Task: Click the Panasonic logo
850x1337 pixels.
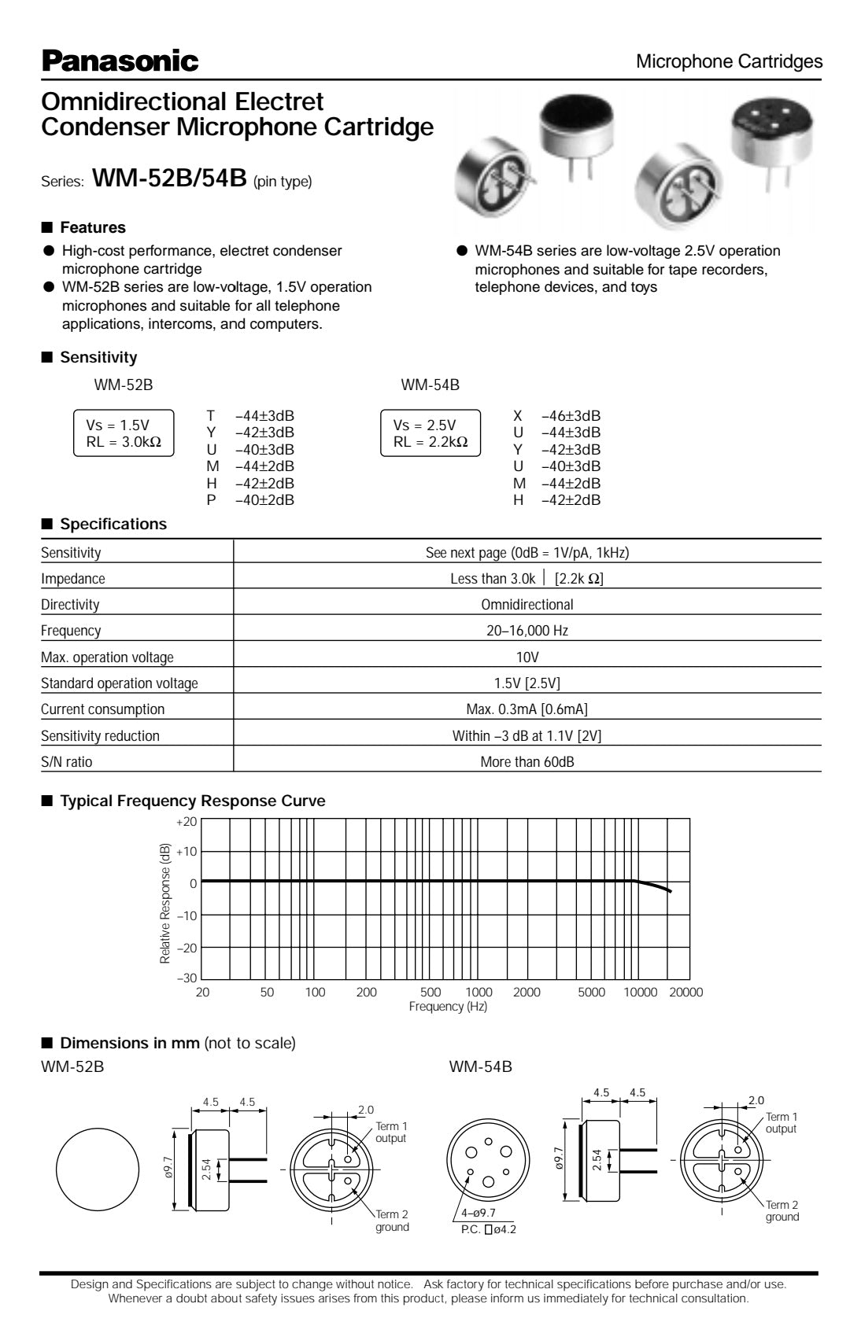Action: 120,61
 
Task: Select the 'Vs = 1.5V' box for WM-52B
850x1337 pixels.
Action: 123,433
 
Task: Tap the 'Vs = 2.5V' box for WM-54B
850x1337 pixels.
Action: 430,433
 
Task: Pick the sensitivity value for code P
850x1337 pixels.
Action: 264,500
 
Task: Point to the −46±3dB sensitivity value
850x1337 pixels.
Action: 571,416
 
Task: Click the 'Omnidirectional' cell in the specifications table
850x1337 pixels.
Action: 527,605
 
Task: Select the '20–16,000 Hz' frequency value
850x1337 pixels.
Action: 527,631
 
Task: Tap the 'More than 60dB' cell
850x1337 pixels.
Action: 527,762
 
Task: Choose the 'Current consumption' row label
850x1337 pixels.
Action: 102,709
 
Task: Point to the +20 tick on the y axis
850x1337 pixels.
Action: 187,821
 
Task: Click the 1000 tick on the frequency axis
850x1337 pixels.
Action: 479,993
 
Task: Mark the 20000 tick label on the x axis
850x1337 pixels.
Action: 686,993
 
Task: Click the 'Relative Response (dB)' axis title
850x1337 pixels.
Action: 165,904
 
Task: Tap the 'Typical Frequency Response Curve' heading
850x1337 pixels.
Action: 192,801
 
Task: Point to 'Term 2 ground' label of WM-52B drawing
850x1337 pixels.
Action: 392,1221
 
